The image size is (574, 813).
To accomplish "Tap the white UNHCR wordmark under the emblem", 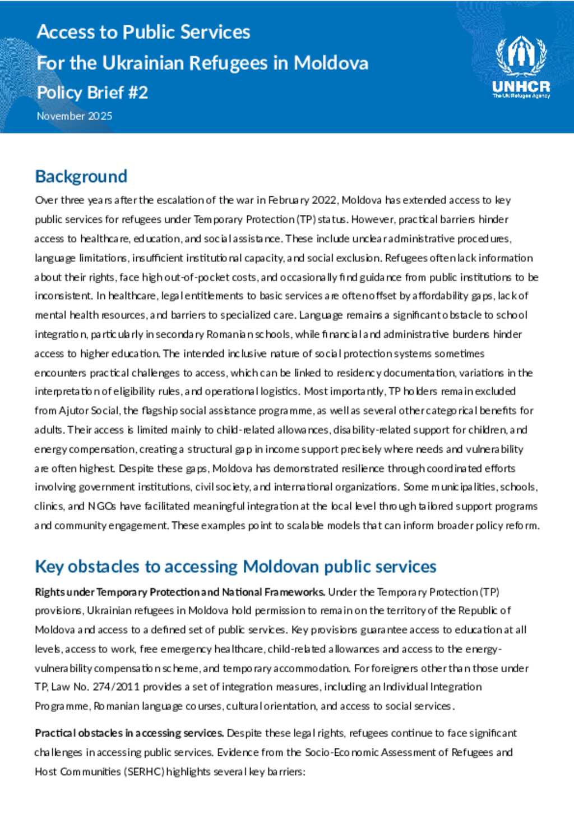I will tap(521, 86).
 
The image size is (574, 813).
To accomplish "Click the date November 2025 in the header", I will tap(75, 116).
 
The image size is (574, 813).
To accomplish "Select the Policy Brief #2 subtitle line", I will tap(92, 92).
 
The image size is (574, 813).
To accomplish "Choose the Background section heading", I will tap(81, 176).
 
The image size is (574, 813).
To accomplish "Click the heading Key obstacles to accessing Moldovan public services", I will tap(235, 567).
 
